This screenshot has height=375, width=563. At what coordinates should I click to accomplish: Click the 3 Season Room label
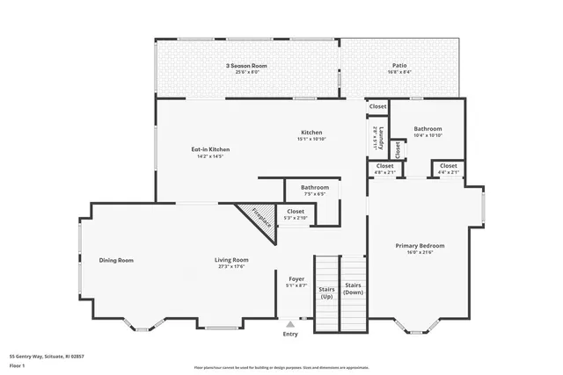245,66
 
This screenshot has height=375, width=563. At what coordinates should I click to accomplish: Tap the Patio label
399,66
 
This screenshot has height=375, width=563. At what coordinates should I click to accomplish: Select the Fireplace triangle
257,220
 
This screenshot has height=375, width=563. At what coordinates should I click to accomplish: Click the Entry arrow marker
290,324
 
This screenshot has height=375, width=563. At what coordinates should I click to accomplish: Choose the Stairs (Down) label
353,290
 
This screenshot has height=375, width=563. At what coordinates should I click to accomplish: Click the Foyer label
296,279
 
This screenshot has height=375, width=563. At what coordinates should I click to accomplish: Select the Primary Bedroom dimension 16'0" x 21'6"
425,253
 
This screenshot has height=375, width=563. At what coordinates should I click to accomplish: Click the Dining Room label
116,260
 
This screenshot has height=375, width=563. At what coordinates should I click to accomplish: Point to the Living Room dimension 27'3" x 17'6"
231,266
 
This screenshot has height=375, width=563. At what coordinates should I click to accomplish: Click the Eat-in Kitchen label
210,150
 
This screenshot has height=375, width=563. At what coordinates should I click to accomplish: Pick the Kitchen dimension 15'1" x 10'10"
311,139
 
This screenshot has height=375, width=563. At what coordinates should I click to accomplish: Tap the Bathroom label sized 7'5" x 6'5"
314,187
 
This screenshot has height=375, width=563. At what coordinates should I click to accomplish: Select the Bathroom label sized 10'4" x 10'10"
428,129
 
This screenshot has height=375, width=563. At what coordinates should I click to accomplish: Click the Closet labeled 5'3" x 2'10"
296,211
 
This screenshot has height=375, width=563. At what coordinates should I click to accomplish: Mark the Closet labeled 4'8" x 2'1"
384,165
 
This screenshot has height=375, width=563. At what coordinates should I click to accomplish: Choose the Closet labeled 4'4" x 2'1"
448,165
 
